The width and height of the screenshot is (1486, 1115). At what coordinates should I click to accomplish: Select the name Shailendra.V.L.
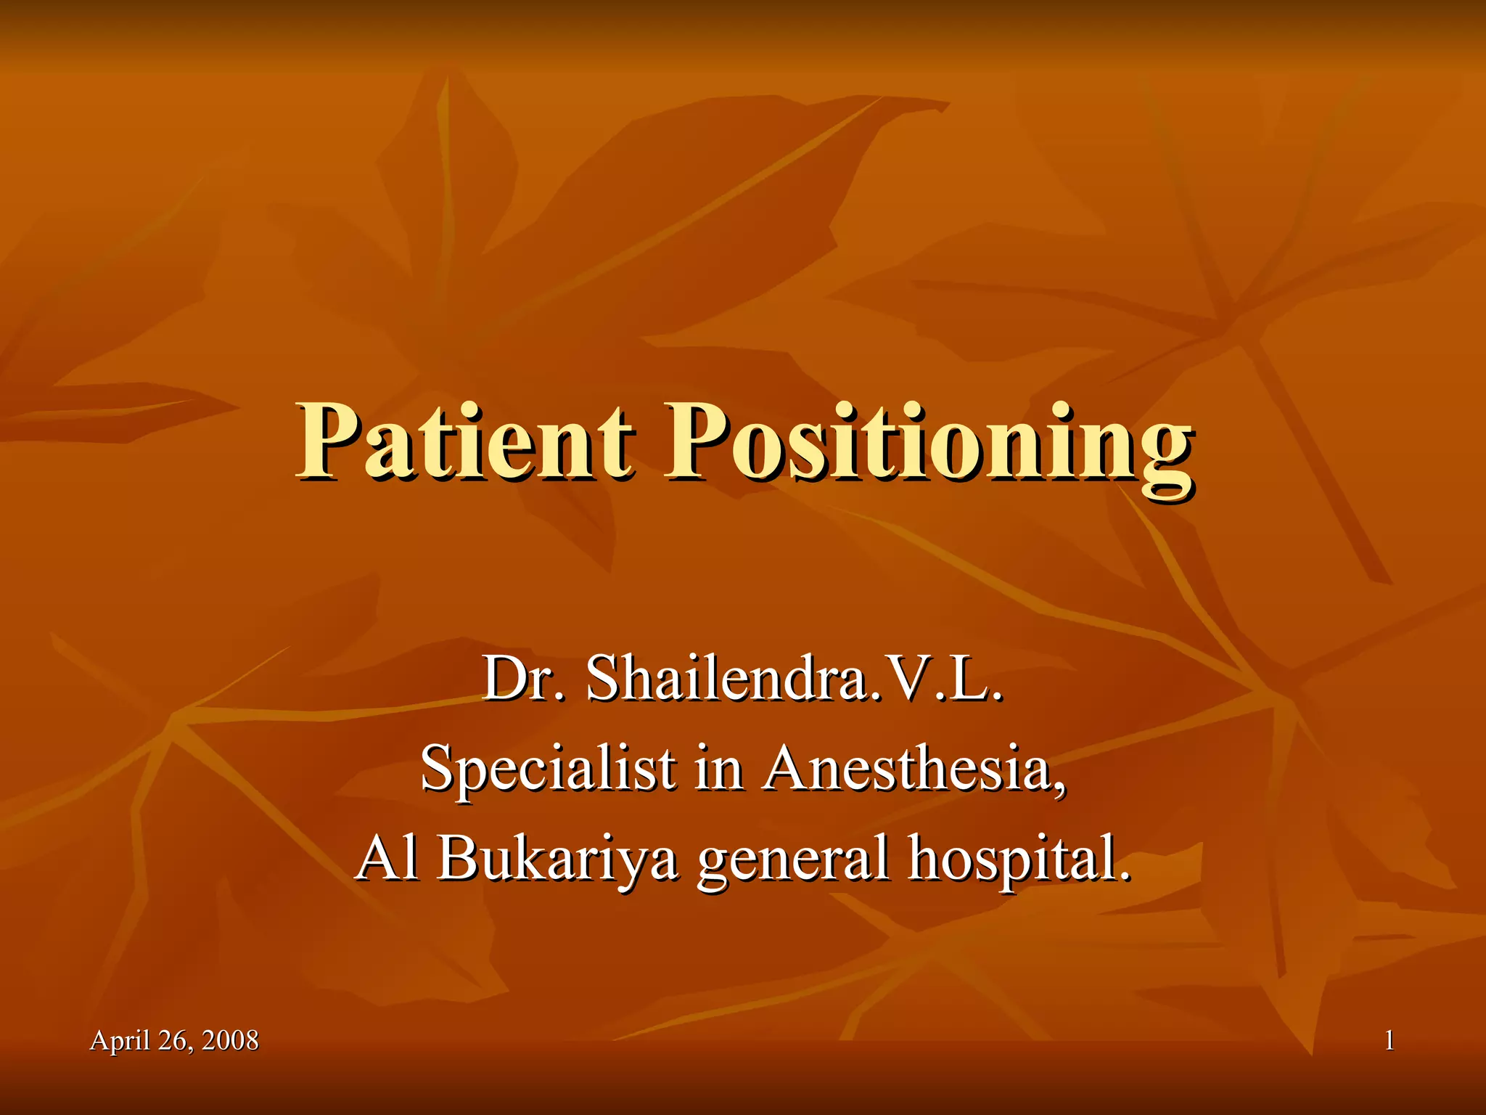[795, 678]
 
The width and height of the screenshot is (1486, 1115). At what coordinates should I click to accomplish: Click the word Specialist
[548, 769]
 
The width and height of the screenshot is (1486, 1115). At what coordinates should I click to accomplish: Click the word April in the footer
[120, 1042]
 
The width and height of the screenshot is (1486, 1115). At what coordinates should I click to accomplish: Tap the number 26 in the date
[173, 1040]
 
